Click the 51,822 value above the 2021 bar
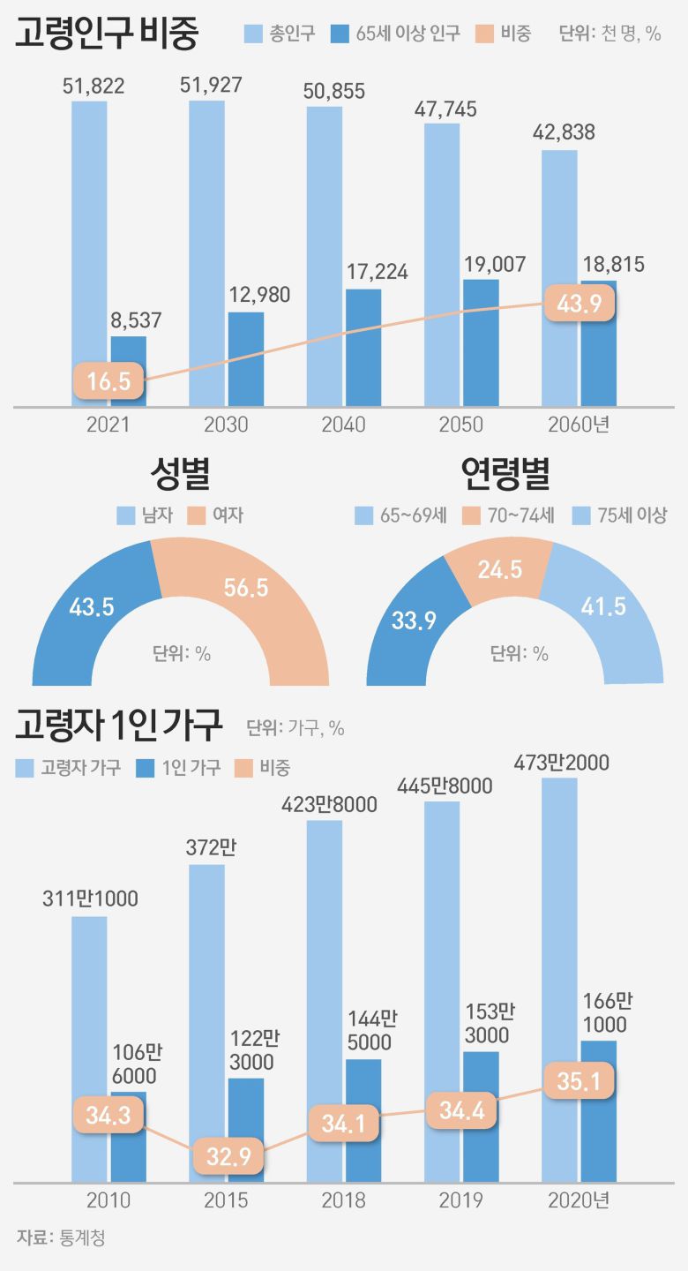93,86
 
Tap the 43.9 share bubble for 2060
579,304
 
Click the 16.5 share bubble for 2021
108,381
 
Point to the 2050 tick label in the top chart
461,425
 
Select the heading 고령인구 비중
107,34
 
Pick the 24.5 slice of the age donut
500,569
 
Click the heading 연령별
505,475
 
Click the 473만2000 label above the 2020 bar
561,763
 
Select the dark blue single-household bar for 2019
481,1116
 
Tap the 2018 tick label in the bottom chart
344,1200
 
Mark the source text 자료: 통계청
61,1237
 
